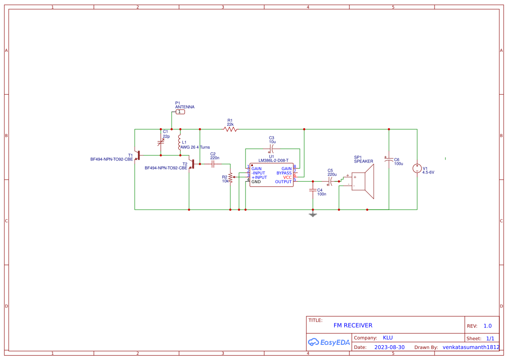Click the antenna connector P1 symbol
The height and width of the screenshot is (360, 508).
180,112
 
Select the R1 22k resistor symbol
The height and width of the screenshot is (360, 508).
230,129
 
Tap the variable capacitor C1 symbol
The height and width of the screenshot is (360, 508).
161,142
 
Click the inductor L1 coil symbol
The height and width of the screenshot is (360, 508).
179,142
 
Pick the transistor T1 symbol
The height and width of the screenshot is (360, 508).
137,155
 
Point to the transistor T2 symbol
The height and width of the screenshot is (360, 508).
192,164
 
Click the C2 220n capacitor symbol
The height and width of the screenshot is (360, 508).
213,164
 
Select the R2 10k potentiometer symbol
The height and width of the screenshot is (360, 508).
230,177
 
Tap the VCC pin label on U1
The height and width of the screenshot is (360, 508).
287,177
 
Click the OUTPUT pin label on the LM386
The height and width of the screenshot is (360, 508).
283,182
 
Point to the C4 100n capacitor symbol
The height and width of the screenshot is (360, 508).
312,190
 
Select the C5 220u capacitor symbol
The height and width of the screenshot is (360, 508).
332,181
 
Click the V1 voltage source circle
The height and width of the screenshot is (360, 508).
417,169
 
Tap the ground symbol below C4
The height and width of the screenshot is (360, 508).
312,214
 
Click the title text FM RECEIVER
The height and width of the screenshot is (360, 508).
353,325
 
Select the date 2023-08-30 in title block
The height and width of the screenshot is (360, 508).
389,347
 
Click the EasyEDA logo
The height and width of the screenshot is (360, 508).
329,342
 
